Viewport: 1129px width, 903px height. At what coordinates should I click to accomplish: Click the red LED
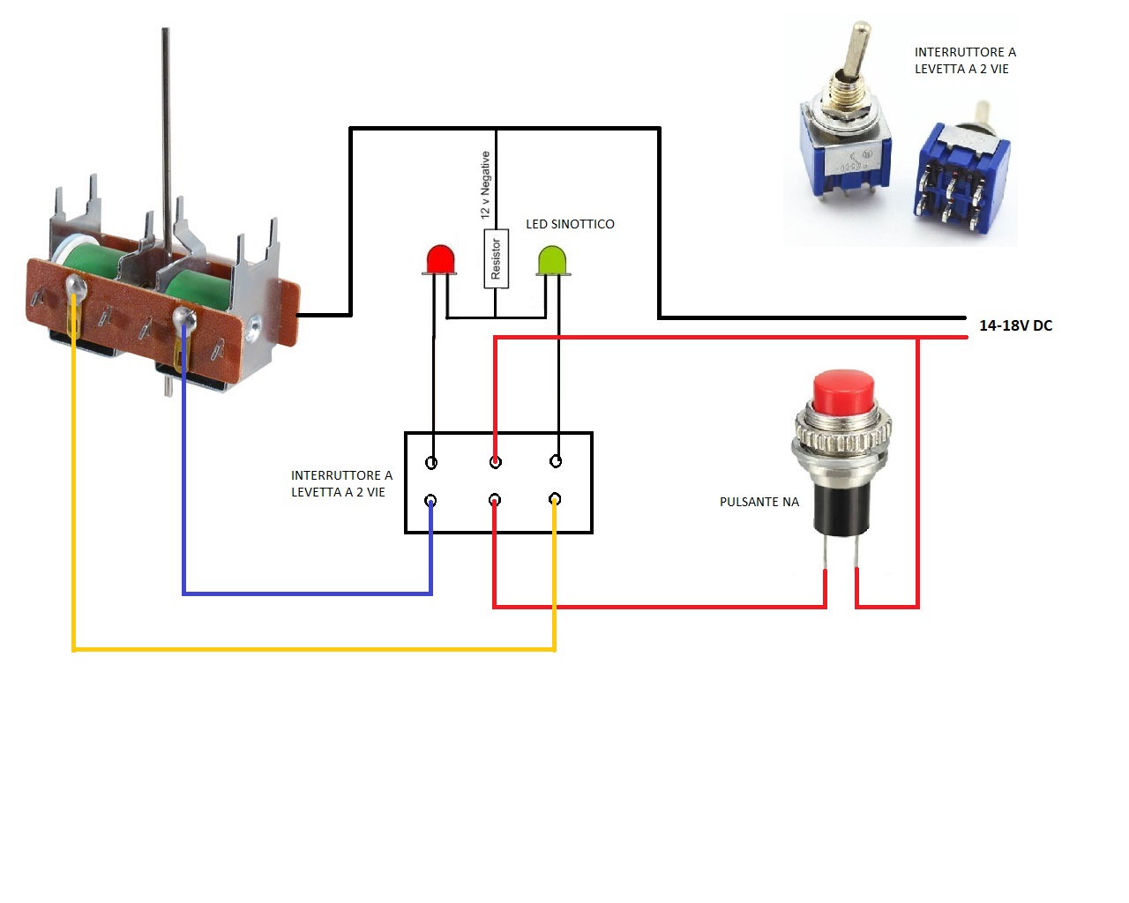(440, 260)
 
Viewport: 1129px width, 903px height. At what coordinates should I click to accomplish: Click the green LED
(552, 261)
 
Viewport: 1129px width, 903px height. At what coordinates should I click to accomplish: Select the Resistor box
(496, 258)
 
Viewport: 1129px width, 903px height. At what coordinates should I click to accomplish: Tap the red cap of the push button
(843, 392)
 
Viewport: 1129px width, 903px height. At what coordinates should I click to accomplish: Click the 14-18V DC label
(1015, 325)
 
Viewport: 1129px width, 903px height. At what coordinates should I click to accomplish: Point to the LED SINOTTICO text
(570, 224)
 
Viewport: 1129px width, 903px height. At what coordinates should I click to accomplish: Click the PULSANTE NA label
(759, 502)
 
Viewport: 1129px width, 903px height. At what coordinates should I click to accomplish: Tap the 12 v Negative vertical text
(485, 185)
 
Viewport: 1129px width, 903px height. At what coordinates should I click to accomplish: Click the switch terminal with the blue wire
(430, 501)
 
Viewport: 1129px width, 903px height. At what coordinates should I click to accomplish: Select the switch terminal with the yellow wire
(555, 499)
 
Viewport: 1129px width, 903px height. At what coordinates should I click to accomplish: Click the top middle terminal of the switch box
(496, 461)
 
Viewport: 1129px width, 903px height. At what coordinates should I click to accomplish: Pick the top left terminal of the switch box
(431, 462)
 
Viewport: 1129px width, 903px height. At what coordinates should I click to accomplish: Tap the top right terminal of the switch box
(556, 460)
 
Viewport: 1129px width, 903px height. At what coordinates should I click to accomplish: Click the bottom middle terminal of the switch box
(495, 500)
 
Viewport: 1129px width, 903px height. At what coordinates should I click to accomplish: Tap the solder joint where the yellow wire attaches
(75, 284)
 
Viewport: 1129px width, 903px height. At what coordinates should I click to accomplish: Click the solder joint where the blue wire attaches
(183, 317)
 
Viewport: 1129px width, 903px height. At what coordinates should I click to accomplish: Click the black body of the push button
(842, 507)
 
